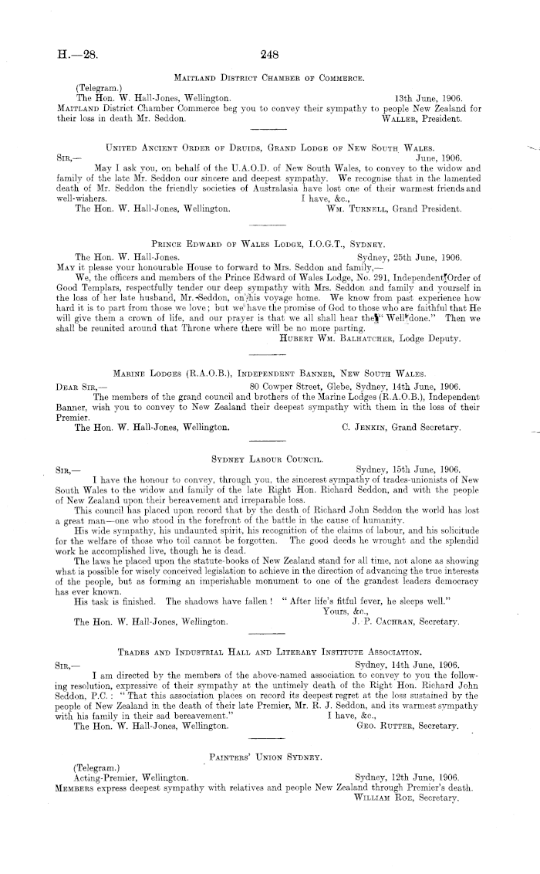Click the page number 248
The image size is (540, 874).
point(270,55)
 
